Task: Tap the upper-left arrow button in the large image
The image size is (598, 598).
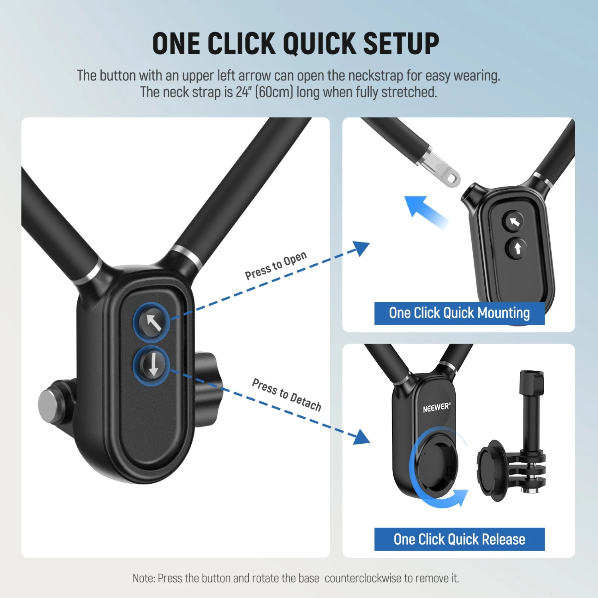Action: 151,322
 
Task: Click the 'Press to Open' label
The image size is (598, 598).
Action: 276,266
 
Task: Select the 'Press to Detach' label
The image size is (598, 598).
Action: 287,394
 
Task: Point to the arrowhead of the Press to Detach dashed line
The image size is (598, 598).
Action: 362,437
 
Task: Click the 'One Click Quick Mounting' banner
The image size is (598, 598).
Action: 459,313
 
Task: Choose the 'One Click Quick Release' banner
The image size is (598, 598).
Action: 459,539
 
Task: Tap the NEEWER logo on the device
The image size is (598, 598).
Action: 436,407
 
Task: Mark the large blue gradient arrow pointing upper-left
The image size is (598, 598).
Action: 425,211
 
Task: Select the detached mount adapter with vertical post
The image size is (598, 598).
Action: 514,450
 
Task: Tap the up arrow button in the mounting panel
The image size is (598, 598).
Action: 517,248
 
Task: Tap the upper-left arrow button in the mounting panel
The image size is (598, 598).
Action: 513,222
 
